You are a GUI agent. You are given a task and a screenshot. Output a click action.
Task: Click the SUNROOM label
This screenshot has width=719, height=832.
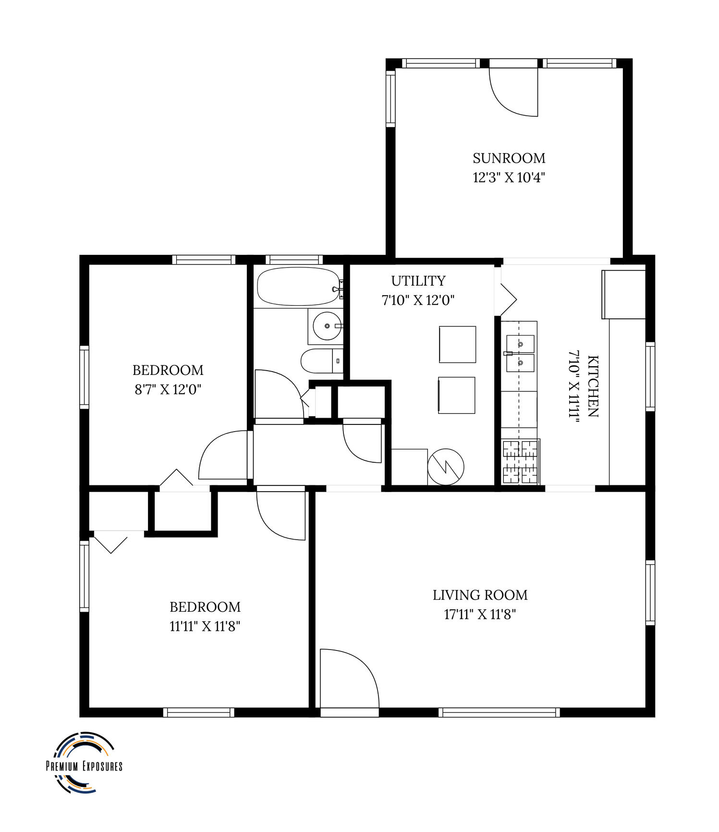click(509, 158)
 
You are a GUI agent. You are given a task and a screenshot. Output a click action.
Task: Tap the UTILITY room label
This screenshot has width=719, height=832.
click(418, 281)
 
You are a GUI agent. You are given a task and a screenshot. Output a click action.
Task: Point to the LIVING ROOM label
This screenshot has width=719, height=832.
click(480, 595)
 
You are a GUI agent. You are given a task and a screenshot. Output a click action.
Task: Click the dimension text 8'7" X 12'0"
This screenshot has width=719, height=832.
click(168, 389)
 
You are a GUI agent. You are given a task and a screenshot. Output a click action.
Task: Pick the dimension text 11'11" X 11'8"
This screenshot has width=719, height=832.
click(205, 626)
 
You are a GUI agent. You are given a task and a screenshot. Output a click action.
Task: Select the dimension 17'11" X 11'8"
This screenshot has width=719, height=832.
click(480, 615)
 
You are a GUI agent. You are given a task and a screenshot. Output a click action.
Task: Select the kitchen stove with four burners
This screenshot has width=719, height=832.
click(521, 461)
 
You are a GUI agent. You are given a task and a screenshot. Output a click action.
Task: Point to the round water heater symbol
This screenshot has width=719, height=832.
click(446, 466)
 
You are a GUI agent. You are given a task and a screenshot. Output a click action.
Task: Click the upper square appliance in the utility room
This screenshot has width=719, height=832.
click(457, 344)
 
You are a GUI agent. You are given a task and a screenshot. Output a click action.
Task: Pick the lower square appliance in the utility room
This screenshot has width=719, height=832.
click(456, 395)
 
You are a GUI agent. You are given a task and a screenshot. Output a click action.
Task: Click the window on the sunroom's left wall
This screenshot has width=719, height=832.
click(390, 98)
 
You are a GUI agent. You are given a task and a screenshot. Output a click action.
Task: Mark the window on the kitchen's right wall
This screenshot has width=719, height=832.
click(650, 376)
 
